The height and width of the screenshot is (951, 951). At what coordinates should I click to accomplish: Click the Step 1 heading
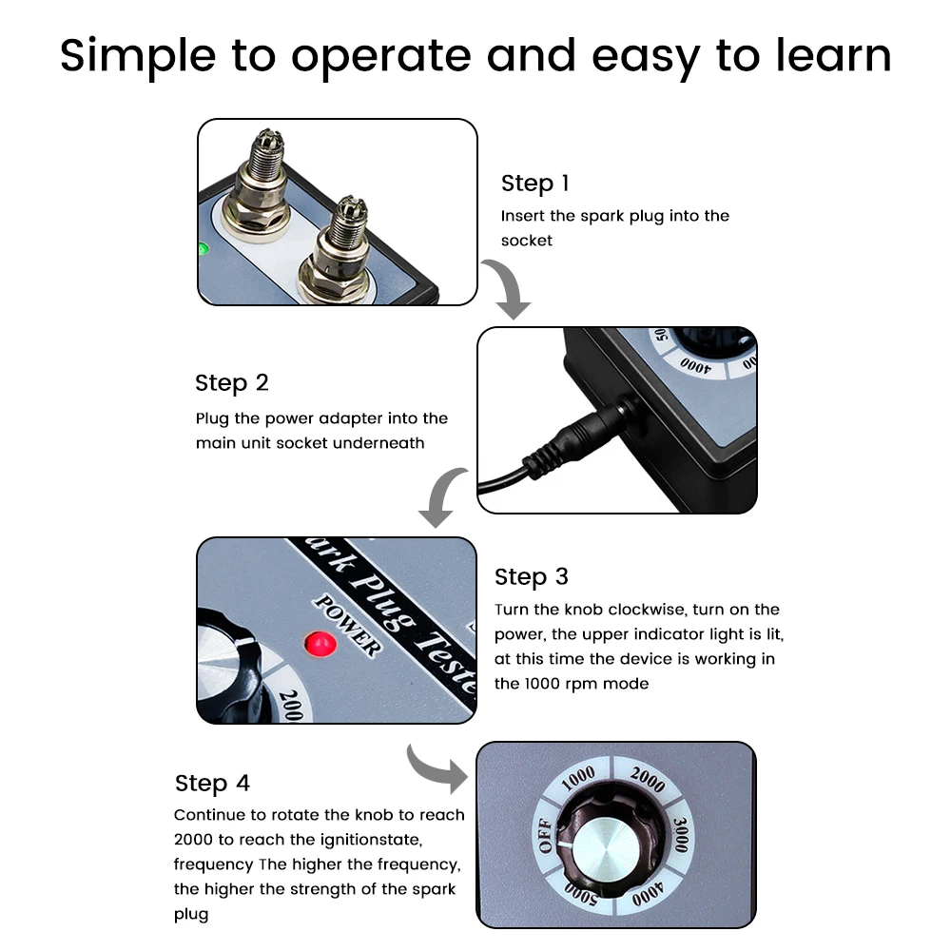point(534,184)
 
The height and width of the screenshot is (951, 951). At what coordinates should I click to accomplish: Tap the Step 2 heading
point(232,383)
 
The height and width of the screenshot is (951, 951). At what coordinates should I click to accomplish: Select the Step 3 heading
point(532,577)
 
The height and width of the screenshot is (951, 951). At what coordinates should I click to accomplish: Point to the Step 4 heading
point(212,783)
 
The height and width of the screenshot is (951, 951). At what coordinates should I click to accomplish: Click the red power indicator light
point(320,644)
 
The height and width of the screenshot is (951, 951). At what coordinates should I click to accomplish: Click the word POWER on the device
point(347,625)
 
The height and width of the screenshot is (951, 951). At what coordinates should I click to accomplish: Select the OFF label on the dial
point(545,835)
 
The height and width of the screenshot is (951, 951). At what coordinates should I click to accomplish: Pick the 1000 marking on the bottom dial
point(578,778)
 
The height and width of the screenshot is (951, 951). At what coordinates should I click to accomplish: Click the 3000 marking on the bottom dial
point(681,835)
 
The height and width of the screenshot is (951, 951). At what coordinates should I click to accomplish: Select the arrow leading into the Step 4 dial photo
point(437,767)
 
